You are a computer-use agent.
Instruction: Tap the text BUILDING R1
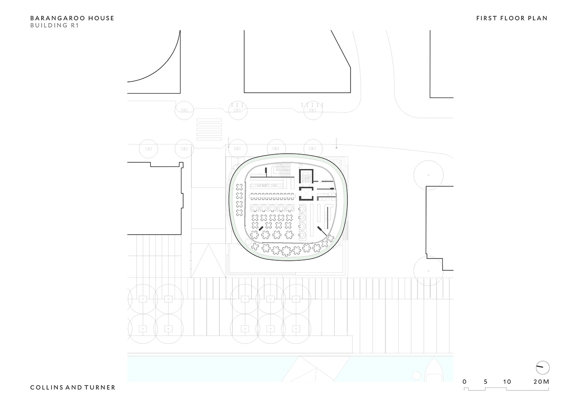[x=54, y=25]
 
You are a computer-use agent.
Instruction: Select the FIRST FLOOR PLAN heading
[x=512, y=19]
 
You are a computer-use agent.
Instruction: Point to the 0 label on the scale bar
[x=465, y=381]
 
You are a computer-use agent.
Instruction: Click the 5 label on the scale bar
[x=486, y=381]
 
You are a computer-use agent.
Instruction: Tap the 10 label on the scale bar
[x=507, y=381]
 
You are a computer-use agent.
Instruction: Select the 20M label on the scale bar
[x=541, y=381]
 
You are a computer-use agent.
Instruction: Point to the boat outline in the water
[x=435, y=370]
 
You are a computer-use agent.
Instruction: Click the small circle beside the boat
[x=416, y=376]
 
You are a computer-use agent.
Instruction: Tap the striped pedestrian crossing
[x=209, y=129]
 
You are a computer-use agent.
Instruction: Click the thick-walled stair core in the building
[x=306, y=176]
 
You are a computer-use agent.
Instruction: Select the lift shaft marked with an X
[x=306, y=194]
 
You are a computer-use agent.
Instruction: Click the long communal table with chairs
[x=272, y=197]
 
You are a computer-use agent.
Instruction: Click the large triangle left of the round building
[x=209, y=261]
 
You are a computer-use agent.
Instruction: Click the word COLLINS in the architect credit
[x=46, y=388]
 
